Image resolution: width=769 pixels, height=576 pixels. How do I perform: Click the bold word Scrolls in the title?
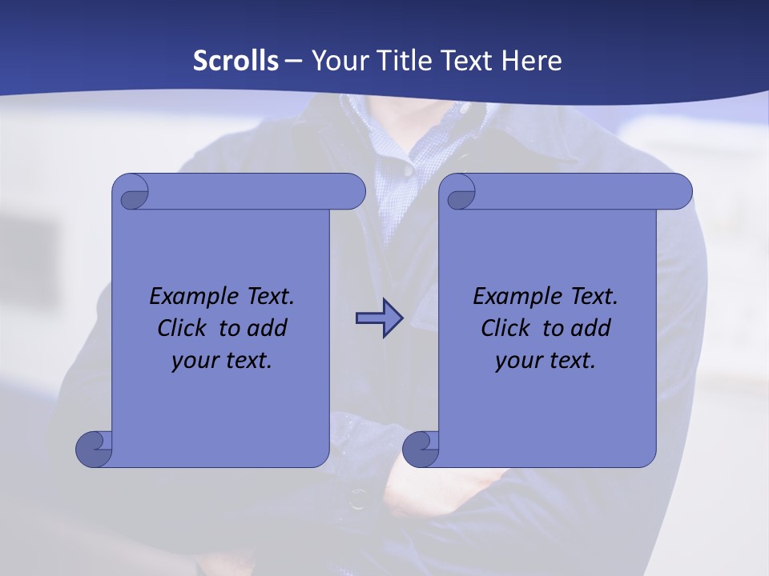tap(236, 60)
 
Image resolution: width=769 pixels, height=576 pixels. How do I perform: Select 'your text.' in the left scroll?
tap(222, 361)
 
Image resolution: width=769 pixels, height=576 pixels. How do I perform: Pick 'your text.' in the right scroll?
tap(546, 361)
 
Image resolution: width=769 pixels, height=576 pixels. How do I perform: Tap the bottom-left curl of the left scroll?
tap(94, 449)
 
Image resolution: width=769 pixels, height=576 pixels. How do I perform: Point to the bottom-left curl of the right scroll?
tap(421, 449)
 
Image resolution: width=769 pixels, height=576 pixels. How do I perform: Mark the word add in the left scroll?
tap(268, 328)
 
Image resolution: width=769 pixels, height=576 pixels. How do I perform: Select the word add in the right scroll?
tap(591, 328)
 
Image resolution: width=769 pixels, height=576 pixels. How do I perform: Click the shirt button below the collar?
tap(409, 170)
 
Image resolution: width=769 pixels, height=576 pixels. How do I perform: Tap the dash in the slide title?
tap(294, 60)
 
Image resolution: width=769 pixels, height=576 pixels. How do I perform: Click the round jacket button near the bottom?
tap(357, 501)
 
